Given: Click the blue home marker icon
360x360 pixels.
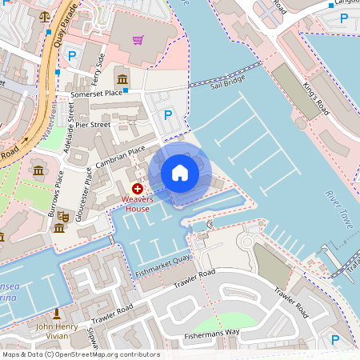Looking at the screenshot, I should coord(180,173).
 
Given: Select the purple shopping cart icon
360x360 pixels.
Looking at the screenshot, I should coord(138,39).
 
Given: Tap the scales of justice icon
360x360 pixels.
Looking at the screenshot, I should coord(43,14).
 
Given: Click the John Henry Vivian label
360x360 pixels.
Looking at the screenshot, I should coord(57,330).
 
